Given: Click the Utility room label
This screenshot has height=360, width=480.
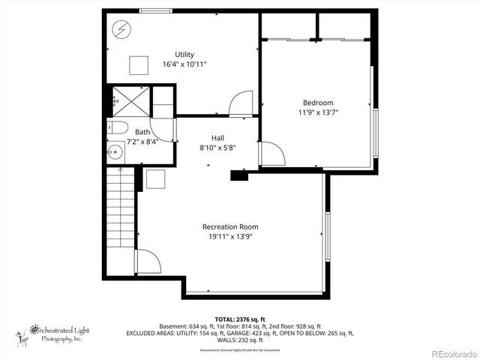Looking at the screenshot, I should [x=184, y=54].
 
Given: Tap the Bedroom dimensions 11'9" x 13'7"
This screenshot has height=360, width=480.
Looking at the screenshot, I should [x=318, y=113].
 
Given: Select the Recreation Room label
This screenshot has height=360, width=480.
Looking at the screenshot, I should [x=230, y=226].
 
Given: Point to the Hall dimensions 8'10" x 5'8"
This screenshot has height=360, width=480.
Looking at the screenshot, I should [x=217, y=148].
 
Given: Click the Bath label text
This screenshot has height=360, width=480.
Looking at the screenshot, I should [x=142, y=131].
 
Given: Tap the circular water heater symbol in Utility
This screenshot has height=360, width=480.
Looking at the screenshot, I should [x=121, y=30].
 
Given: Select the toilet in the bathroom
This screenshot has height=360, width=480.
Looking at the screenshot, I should [x=118, y=127].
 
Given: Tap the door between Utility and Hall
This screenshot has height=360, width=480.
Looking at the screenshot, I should [x=241, y=104].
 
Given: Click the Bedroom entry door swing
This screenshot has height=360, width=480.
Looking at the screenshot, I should [x=271, y=154].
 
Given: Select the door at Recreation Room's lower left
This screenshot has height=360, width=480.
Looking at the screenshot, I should [x=147, y=262].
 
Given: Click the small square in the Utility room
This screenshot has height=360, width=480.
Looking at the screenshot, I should [x=138, y=65].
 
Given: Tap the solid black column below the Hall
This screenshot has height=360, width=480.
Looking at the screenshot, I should [x=239, y=175].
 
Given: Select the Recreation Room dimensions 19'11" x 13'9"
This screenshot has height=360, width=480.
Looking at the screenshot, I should [x=230, y=237].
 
